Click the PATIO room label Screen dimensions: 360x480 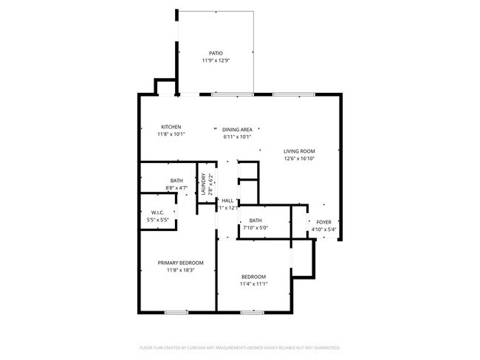coord(216,53)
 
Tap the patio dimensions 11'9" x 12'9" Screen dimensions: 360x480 coord(216,60)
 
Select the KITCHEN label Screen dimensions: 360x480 coord(171,127)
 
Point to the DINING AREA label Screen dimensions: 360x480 coord(237,130)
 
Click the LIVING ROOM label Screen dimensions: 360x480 coord(299,151)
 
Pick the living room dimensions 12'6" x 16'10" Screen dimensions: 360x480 coord(299,159)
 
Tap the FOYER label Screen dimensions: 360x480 coord(324,222)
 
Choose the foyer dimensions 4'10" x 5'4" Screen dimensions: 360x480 coord(324,229)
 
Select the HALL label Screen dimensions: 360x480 coord(227,201)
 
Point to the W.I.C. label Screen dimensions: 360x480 coord(157,213)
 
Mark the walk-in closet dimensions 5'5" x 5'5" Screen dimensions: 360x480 coord(157,221)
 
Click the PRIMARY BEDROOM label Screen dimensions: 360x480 coord(180,263)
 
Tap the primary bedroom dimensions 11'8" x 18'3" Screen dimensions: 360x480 coord(180,270)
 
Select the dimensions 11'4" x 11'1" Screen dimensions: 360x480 coord(253,284)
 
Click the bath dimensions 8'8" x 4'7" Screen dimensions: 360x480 coord(176,189)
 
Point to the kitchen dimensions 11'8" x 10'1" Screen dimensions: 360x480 coord(171,134)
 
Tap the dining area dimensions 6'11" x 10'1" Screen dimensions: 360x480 coord(237,137)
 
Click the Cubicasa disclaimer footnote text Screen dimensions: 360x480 coord(239,347)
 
